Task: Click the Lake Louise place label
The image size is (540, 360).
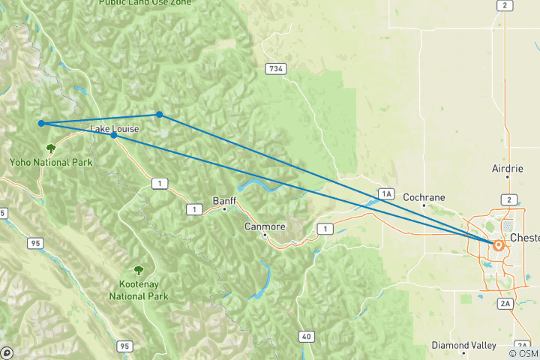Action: click(x=114, y=129)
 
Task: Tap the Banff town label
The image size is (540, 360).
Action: click(x=224, y=201)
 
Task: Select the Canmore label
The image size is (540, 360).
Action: click(x=265, y=226)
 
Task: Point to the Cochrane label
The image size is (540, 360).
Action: click(x=424, y=197)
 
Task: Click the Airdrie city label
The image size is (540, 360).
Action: click(x=507, y=169)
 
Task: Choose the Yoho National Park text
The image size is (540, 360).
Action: click(x=50, y=162)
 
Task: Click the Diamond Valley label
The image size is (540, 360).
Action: click(x=463, y=345)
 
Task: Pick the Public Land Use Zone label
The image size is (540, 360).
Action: click(x=144, y=3)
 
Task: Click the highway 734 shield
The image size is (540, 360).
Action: click(x=276, y=68)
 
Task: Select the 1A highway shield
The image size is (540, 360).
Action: click(x=385, y=194)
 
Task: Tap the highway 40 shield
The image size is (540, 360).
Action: click(x=305, y=337)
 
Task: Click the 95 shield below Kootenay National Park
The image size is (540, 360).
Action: click(x=124, y=346)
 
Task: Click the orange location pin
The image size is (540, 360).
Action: click(x=498, y=244)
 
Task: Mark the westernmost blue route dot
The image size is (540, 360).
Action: click(x=41, y=123)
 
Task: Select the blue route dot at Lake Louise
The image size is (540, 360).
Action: click(x=113, y=136)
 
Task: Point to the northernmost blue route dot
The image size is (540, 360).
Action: click(x=160, y=114)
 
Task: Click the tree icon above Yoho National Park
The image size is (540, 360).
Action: click(x=50, y=148)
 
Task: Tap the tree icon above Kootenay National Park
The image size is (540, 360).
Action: click(x=138, y=270)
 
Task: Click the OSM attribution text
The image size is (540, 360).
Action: click(x=523, y=353)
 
